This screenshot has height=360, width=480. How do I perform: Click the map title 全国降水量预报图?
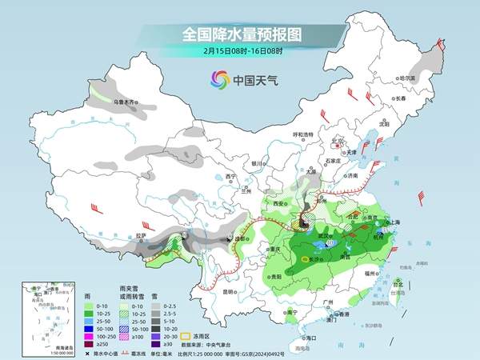pyautogui.click(x=239, y=34)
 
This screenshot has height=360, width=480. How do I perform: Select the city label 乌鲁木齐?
pyautogui.click(x=126, y=102)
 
